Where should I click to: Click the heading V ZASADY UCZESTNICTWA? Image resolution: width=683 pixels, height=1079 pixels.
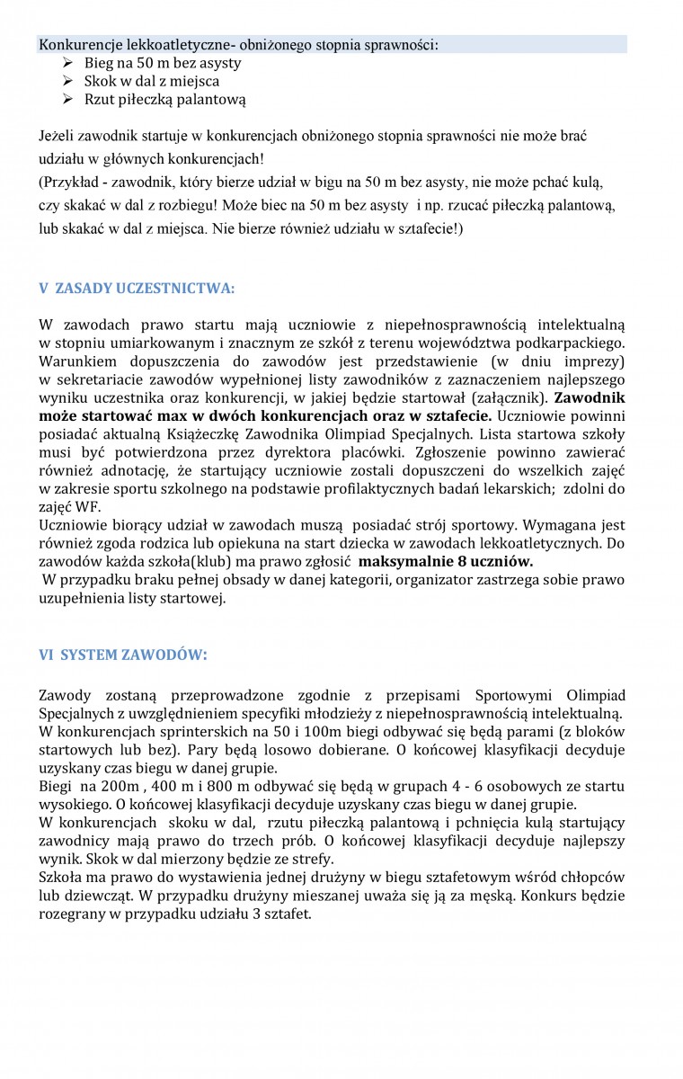(x=137, y=289)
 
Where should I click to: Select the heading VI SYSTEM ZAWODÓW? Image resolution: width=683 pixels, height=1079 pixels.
(x=122, y=655)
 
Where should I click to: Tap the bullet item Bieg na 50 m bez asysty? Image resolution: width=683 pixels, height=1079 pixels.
(x=163, y=63)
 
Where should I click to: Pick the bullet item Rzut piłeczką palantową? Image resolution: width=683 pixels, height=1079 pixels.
(x=164, y=99)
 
